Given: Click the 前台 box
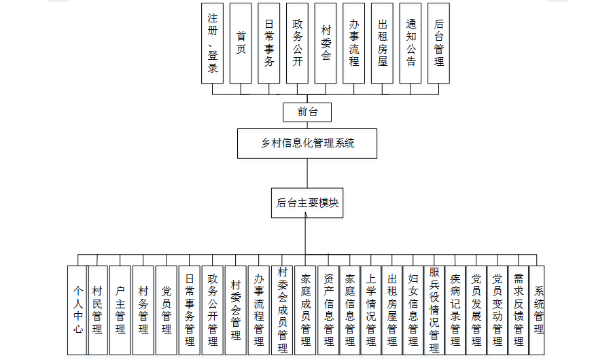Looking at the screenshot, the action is click(307, 112).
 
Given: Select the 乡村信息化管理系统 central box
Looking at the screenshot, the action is click(307, 143).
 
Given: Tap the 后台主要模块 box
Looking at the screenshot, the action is click(307, 202).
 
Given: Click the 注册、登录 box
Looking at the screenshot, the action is click(213, 43).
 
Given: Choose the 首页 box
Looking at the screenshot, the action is click(241, 43).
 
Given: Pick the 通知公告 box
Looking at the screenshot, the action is click(411, 43).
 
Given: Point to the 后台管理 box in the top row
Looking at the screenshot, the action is click(439, 43).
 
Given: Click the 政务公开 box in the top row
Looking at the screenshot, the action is click(298, 43).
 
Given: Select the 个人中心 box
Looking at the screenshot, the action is click(77, 310).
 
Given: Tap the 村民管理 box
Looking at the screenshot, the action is click(98, 310).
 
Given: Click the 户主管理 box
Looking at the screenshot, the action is click(120, 310).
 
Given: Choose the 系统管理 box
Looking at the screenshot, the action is click(538, 310).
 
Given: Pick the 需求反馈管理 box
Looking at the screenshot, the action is click(518, 310).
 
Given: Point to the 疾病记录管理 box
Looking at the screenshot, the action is click(455, 310).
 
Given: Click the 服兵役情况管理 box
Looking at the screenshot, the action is click(434, 310).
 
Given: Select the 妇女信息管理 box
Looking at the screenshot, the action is click(413, 310).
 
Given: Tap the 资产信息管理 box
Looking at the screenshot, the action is click(328, 310).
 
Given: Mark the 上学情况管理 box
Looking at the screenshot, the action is click(370, 310).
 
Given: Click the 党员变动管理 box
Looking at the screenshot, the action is click(497, 310).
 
